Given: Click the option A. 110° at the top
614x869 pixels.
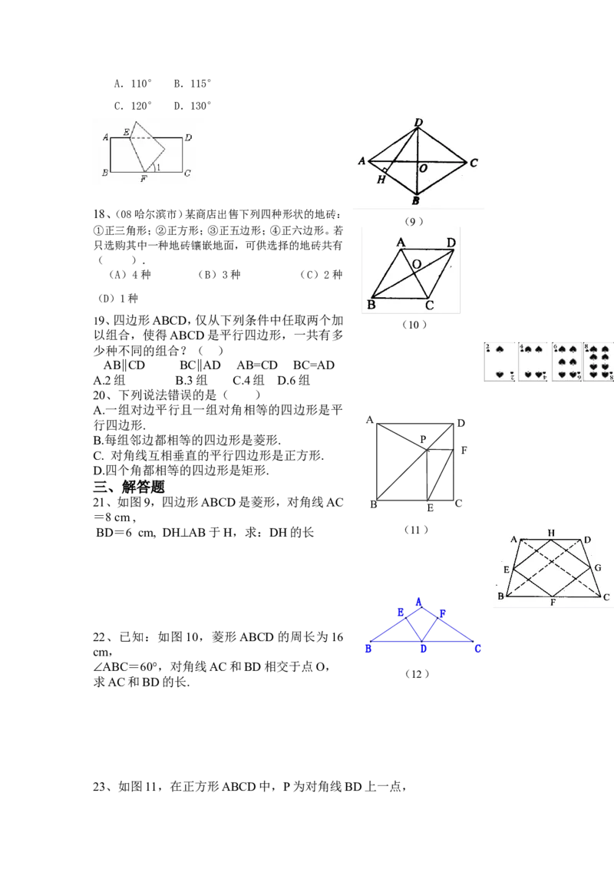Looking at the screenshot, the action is click(x=133, y=84).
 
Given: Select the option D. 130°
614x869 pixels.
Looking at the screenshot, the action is click(x=193, y=106).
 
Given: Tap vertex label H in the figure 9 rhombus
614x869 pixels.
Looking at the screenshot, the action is click(x=381, y=180).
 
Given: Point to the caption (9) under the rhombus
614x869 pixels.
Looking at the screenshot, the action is click(x=414, y=222).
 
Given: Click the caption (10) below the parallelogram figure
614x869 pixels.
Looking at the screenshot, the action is click(x=414, y=325).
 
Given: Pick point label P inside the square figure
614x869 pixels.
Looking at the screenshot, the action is click(x=423, y=439).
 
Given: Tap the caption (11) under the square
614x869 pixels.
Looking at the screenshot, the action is click(x=416, y=530).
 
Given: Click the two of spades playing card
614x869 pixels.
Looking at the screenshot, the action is click(x=500, y=362).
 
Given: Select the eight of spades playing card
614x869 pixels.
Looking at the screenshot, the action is click(x=599, y=362).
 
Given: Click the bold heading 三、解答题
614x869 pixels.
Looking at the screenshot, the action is click(x=129, y=487).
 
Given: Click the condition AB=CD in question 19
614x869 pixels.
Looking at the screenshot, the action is click(x=257, y=365).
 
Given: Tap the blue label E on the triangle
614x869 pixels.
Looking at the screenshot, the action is click(x=401, y=613).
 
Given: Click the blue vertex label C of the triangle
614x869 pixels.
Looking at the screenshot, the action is click(x=477, y=649).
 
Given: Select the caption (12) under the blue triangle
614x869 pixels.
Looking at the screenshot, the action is click(x=417, y=674).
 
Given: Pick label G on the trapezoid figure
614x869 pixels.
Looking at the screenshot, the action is click(x=598, y=567).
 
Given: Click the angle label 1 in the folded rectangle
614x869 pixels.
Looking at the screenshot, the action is click(x=159, y=167).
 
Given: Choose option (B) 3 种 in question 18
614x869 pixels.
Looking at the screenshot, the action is click(x=220, y=275).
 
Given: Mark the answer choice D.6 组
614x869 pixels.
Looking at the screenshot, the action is click(x=294, y=381).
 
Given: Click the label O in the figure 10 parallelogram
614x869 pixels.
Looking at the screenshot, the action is click(x=417, y=264).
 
